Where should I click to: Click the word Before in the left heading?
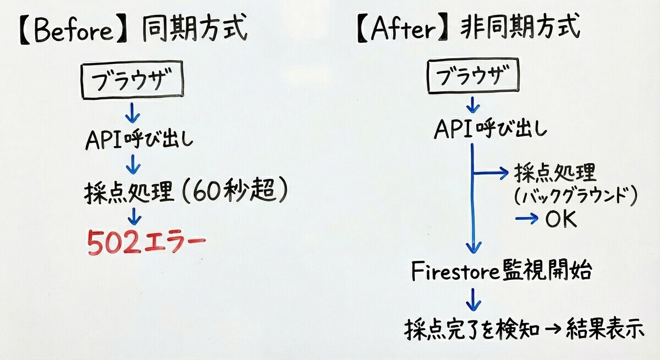pyautogui.click(x=74, y=30)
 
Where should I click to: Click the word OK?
pyautogui.click(x=560, y=219)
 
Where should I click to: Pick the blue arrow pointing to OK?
pyautogui.click(x=526, y=219)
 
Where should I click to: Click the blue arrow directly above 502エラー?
pyautogui.click(x=135, y=217)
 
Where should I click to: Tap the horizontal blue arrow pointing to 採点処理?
pyautogui.click(x=490, y=173)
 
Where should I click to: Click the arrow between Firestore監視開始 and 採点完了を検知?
pyautogui.click(x=473, y=300)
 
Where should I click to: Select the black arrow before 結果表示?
pyautogui.click(x=552, y=329)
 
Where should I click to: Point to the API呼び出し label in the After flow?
pyautogui.click(x=490, y=129)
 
